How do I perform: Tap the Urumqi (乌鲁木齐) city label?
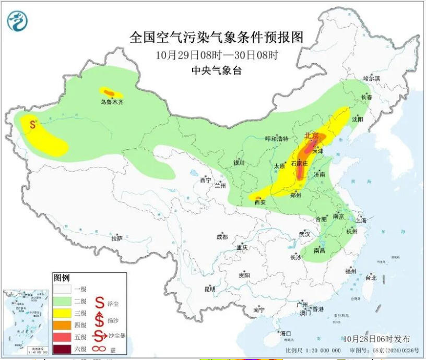click(112, 103)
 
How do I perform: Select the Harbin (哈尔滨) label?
click(372, 78)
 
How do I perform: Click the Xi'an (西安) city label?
click(260, 202)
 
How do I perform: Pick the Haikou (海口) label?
click(285, 333)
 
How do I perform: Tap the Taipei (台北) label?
click(371, 278)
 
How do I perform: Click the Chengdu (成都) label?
click(222, 236)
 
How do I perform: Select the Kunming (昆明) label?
click(209, 289)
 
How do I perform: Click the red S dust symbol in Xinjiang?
click(33, 125)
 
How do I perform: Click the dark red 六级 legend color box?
click(63, 349)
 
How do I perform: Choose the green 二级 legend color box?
click(63, 301)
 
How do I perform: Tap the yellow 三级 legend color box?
click(63, 313)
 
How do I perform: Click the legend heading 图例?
click(61, 278)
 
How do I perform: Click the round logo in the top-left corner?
click(18, 21)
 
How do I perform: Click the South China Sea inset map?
click(26, 322)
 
